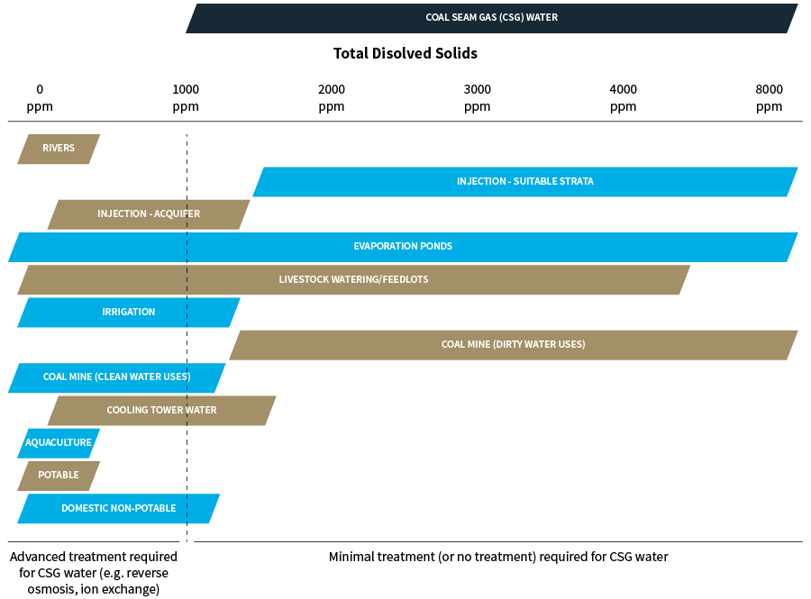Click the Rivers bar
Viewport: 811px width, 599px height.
(x=59, y=149)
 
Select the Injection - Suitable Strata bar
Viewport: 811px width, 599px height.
(x=524, y=181)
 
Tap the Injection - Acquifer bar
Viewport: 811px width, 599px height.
(x=149, y=214)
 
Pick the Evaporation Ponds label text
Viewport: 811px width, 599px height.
(x=403, y=247)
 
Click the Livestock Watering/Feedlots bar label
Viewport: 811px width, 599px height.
(x=353, y=280)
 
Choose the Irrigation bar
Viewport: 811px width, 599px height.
(x=129, y=313)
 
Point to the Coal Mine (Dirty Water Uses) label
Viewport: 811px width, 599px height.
(x=513, y=345)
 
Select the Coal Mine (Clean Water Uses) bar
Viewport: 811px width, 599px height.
(x=117, y=377)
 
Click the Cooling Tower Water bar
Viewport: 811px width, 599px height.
(x=162, y=411)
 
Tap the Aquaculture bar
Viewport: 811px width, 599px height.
(x=59, y=443)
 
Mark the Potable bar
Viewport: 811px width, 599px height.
(x=59, y=476)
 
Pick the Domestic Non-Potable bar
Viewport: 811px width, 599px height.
(x=118, y=509)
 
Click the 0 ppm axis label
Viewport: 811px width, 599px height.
(x=40, y=97)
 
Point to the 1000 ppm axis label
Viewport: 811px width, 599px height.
(x=186, y=97)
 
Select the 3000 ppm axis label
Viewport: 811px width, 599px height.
(x=478, y=97)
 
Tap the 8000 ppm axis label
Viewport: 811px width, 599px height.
(x=769, y=97)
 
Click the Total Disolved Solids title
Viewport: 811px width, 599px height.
(x=405, y=54)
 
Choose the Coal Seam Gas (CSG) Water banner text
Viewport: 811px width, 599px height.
(x=492, y=17)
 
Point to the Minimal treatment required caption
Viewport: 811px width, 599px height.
(x=498, y=557)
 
